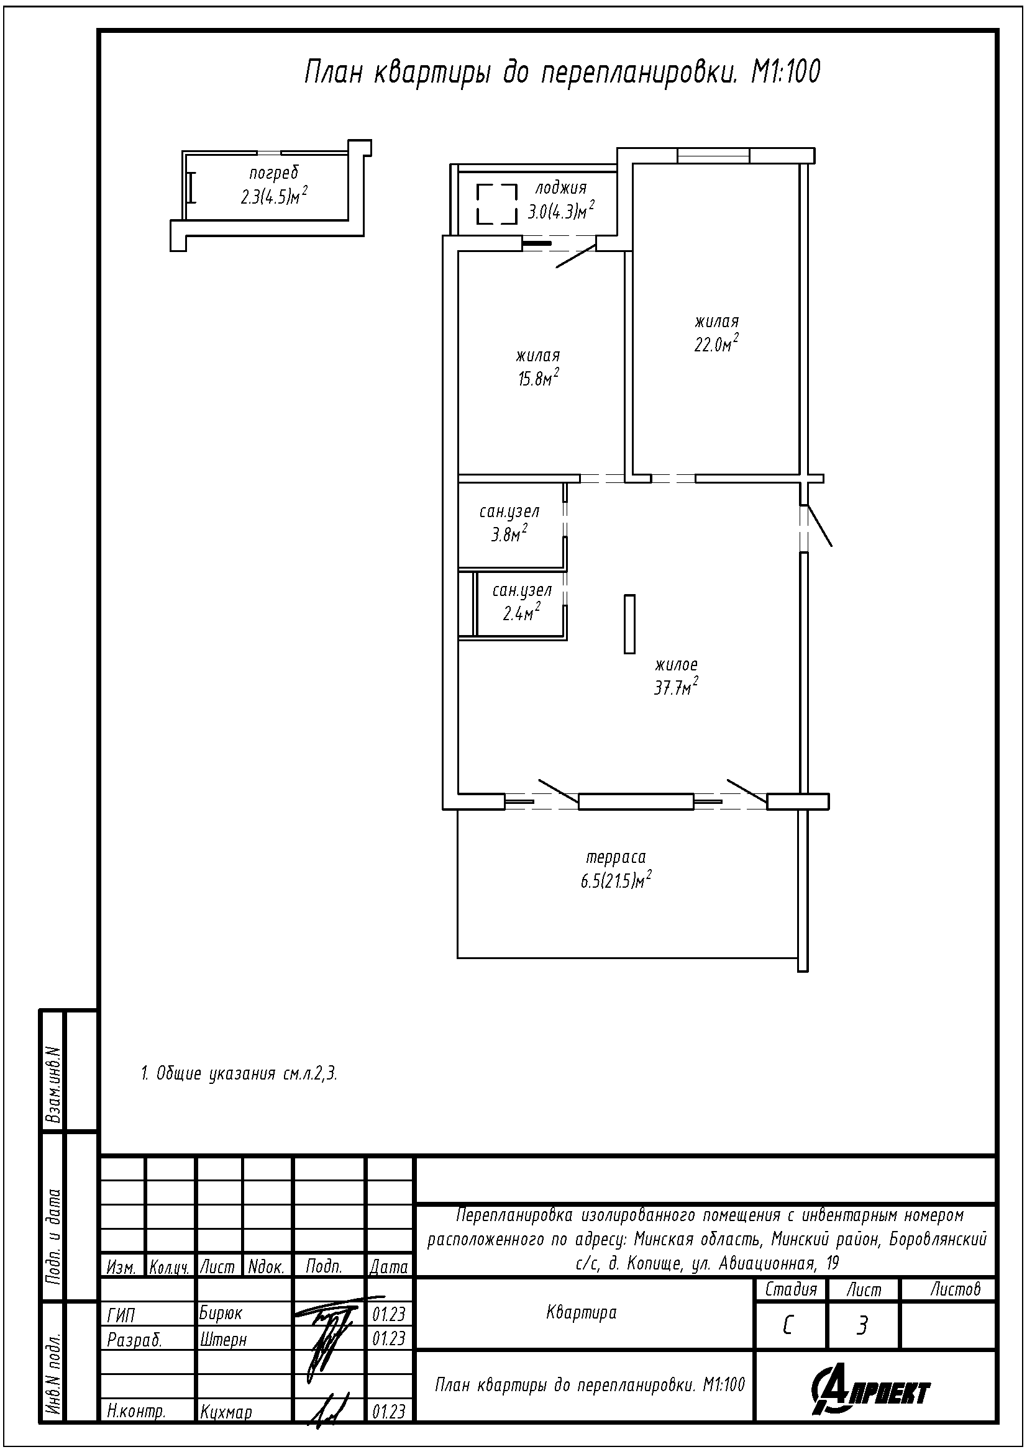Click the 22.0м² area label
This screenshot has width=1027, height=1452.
(x=717, y=344)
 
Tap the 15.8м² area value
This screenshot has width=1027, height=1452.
(x=539, y=378)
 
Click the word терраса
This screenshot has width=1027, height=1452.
(x=616, y=857)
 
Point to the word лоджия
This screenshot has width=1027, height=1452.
(x=560, y=188)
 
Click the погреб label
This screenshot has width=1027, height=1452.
(x=273, y=173)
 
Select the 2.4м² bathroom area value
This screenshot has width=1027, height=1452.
(x=521, y=611)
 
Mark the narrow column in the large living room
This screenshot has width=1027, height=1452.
(x=629, y=623)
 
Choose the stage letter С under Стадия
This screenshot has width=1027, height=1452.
(x=788, y=1325)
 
